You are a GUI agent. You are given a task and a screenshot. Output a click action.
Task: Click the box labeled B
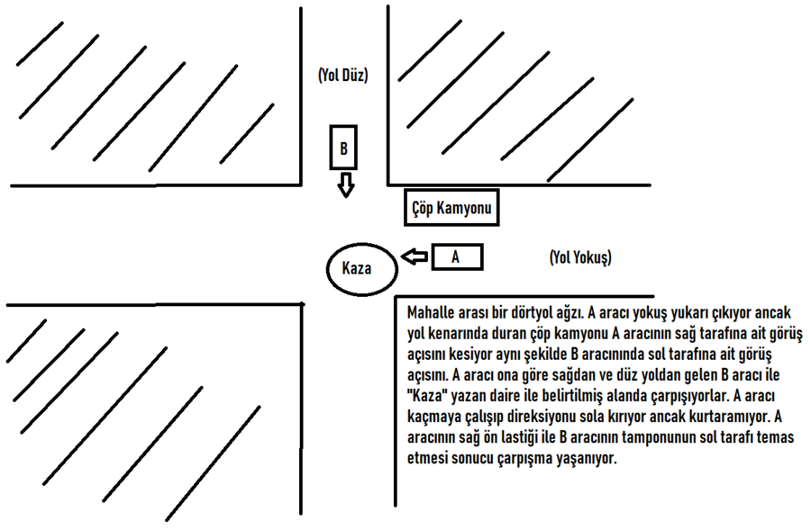coord(343,148)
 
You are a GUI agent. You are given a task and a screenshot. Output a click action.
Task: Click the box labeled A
coord(457,257)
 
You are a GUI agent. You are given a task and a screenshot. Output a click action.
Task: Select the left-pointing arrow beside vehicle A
coord(415,257)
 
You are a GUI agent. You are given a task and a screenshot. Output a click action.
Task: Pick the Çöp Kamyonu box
coord(451,208)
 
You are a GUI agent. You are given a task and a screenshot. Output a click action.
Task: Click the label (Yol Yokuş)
coord(580,257)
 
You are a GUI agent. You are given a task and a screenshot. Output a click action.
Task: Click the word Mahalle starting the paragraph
coord(431,312)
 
